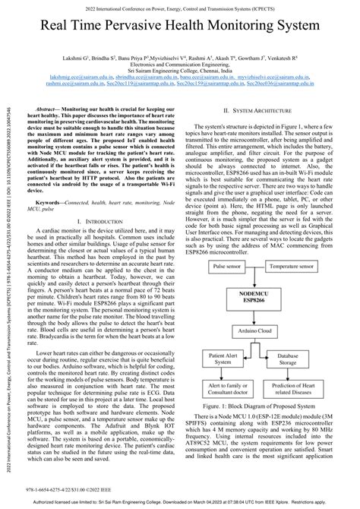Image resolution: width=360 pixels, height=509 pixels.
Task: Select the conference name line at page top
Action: click(x=180, y=8)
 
